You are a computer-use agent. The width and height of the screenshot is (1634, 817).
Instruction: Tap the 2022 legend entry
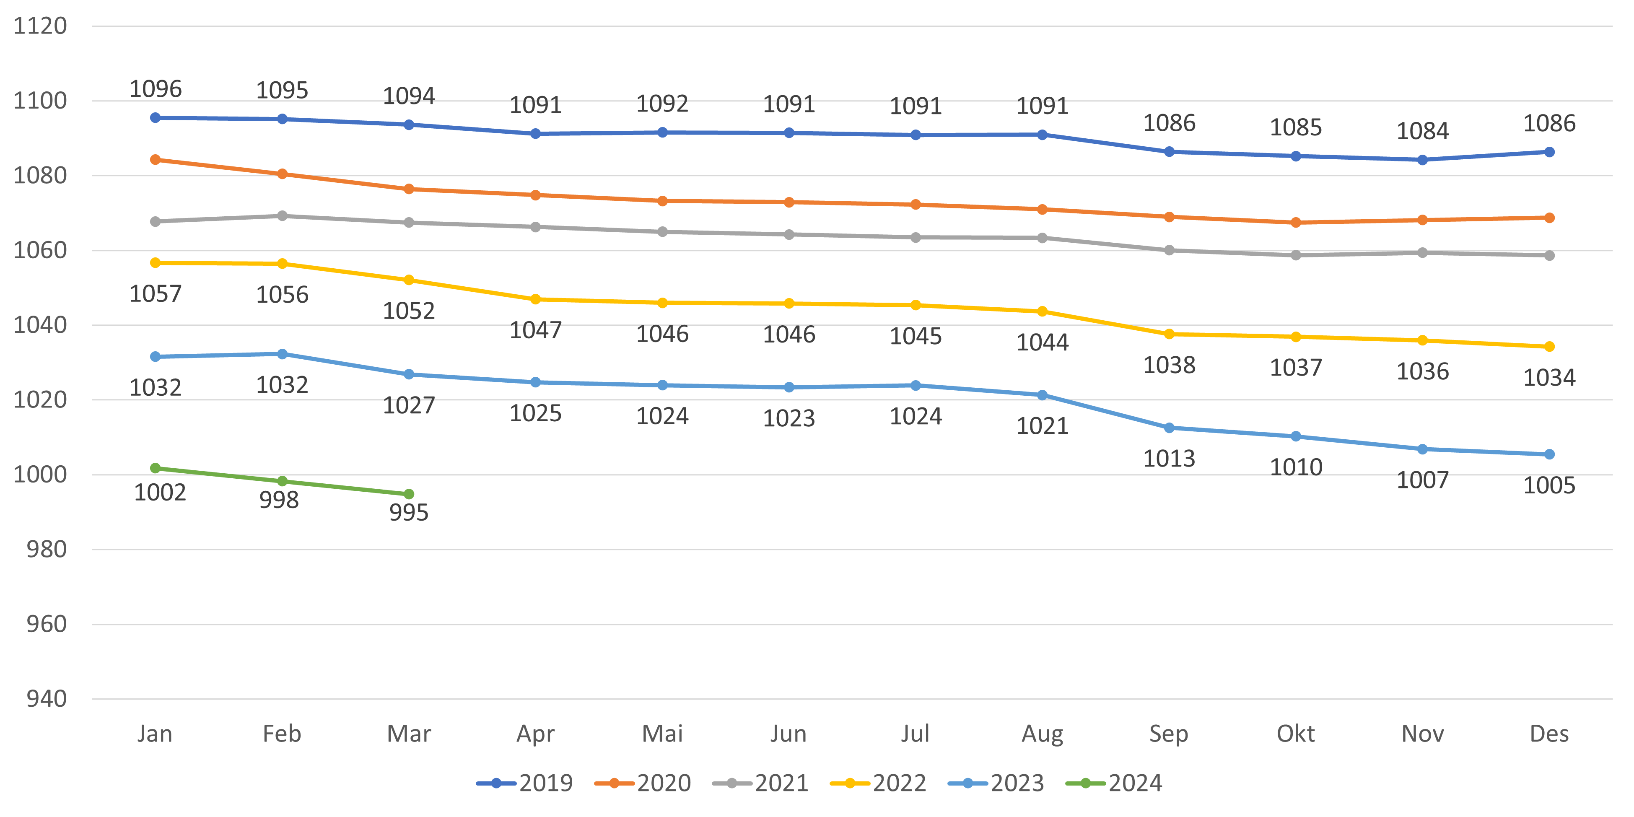coord(879,783)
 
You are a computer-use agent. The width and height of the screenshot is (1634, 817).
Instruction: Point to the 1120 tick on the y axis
coord(40,26)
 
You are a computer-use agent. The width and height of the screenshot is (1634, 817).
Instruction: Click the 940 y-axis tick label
coord(46,699)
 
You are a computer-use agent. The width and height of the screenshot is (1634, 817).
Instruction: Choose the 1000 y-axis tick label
coord(40,475)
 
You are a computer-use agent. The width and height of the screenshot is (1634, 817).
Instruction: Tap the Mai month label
coord(662,734)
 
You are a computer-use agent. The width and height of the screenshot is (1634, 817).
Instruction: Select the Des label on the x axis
coord(1549,734)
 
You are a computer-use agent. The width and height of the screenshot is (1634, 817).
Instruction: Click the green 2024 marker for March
coord(409,494)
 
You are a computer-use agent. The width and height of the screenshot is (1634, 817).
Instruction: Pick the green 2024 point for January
coord(156,468)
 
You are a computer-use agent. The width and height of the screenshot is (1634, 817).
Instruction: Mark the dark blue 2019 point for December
coord(1549,152)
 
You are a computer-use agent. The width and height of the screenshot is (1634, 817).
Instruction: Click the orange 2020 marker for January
coord(156,160)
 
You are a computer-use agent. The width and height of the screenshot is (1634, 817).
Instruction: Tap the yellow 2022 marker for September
coord(1169,334)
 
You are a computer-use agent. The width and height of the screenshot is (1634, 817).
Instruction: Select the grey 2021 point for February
coord(282,216)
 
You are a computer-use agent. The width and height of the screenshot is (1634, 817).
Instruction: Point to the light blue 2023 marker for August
coord(1042,395)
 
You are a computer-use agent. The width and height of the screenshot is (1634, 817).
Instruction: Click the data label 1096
coord(156,89)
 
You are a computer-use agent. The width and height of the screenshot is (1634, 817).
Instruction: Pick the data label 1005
coord(1549,486)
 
